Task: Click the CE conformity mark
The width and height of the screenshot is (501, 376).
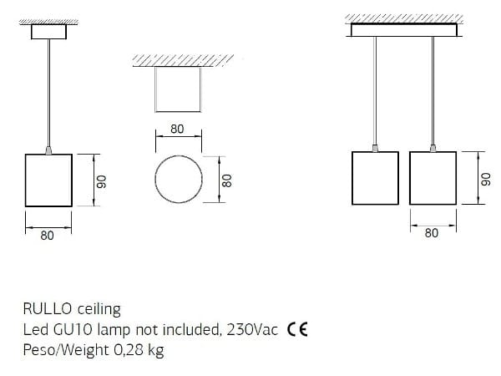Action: pyautogui.click(x=297, y=329)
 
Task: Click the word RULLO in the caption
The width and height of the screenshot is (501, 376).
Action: pyautogui.click(x=48, y=309)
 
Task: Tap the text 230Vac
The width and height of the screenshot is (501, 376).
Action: pyautogui.click(x=252, y=329)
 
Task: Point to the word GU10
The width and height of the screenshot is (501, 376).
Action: pyautogui.click(x=73, y=329)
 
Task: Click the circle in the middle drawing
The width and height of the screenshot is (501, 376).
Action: pyautogui.click(x=179, y=155)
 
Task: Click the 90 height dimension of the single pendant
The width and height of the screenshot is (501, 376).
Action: pyautogui.click(x=102, y=181)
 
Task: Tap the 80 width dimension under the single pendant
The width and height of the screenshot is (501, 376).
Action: pyautogui.click(x=47, y=236)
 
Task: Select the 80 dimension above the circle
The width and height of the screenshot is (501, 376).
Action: pyautogui.click(x=177, y=129)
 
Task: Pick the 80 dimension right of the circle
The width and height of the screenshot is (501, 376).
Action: pyautogui.click(x=227, y=180)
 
